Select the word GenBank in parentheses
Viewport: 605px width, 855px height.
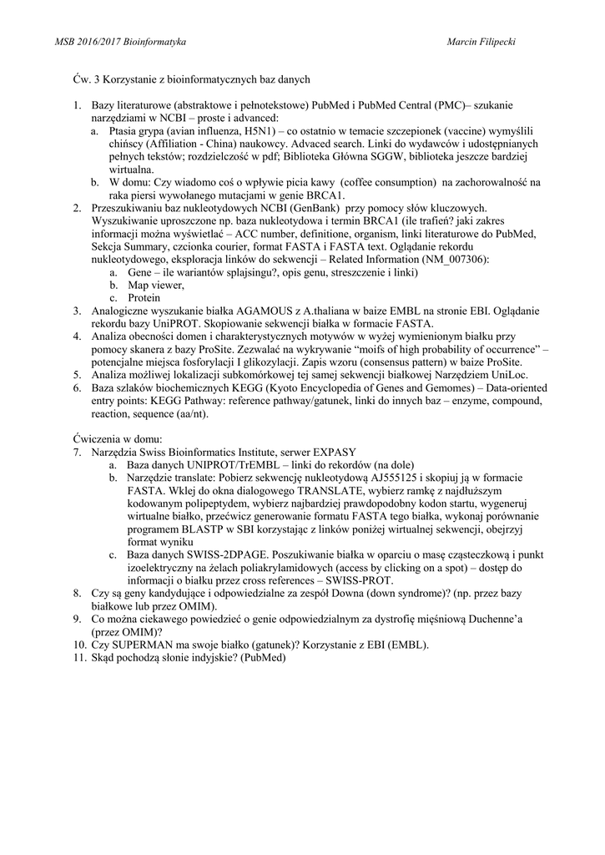click(313, 208)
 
